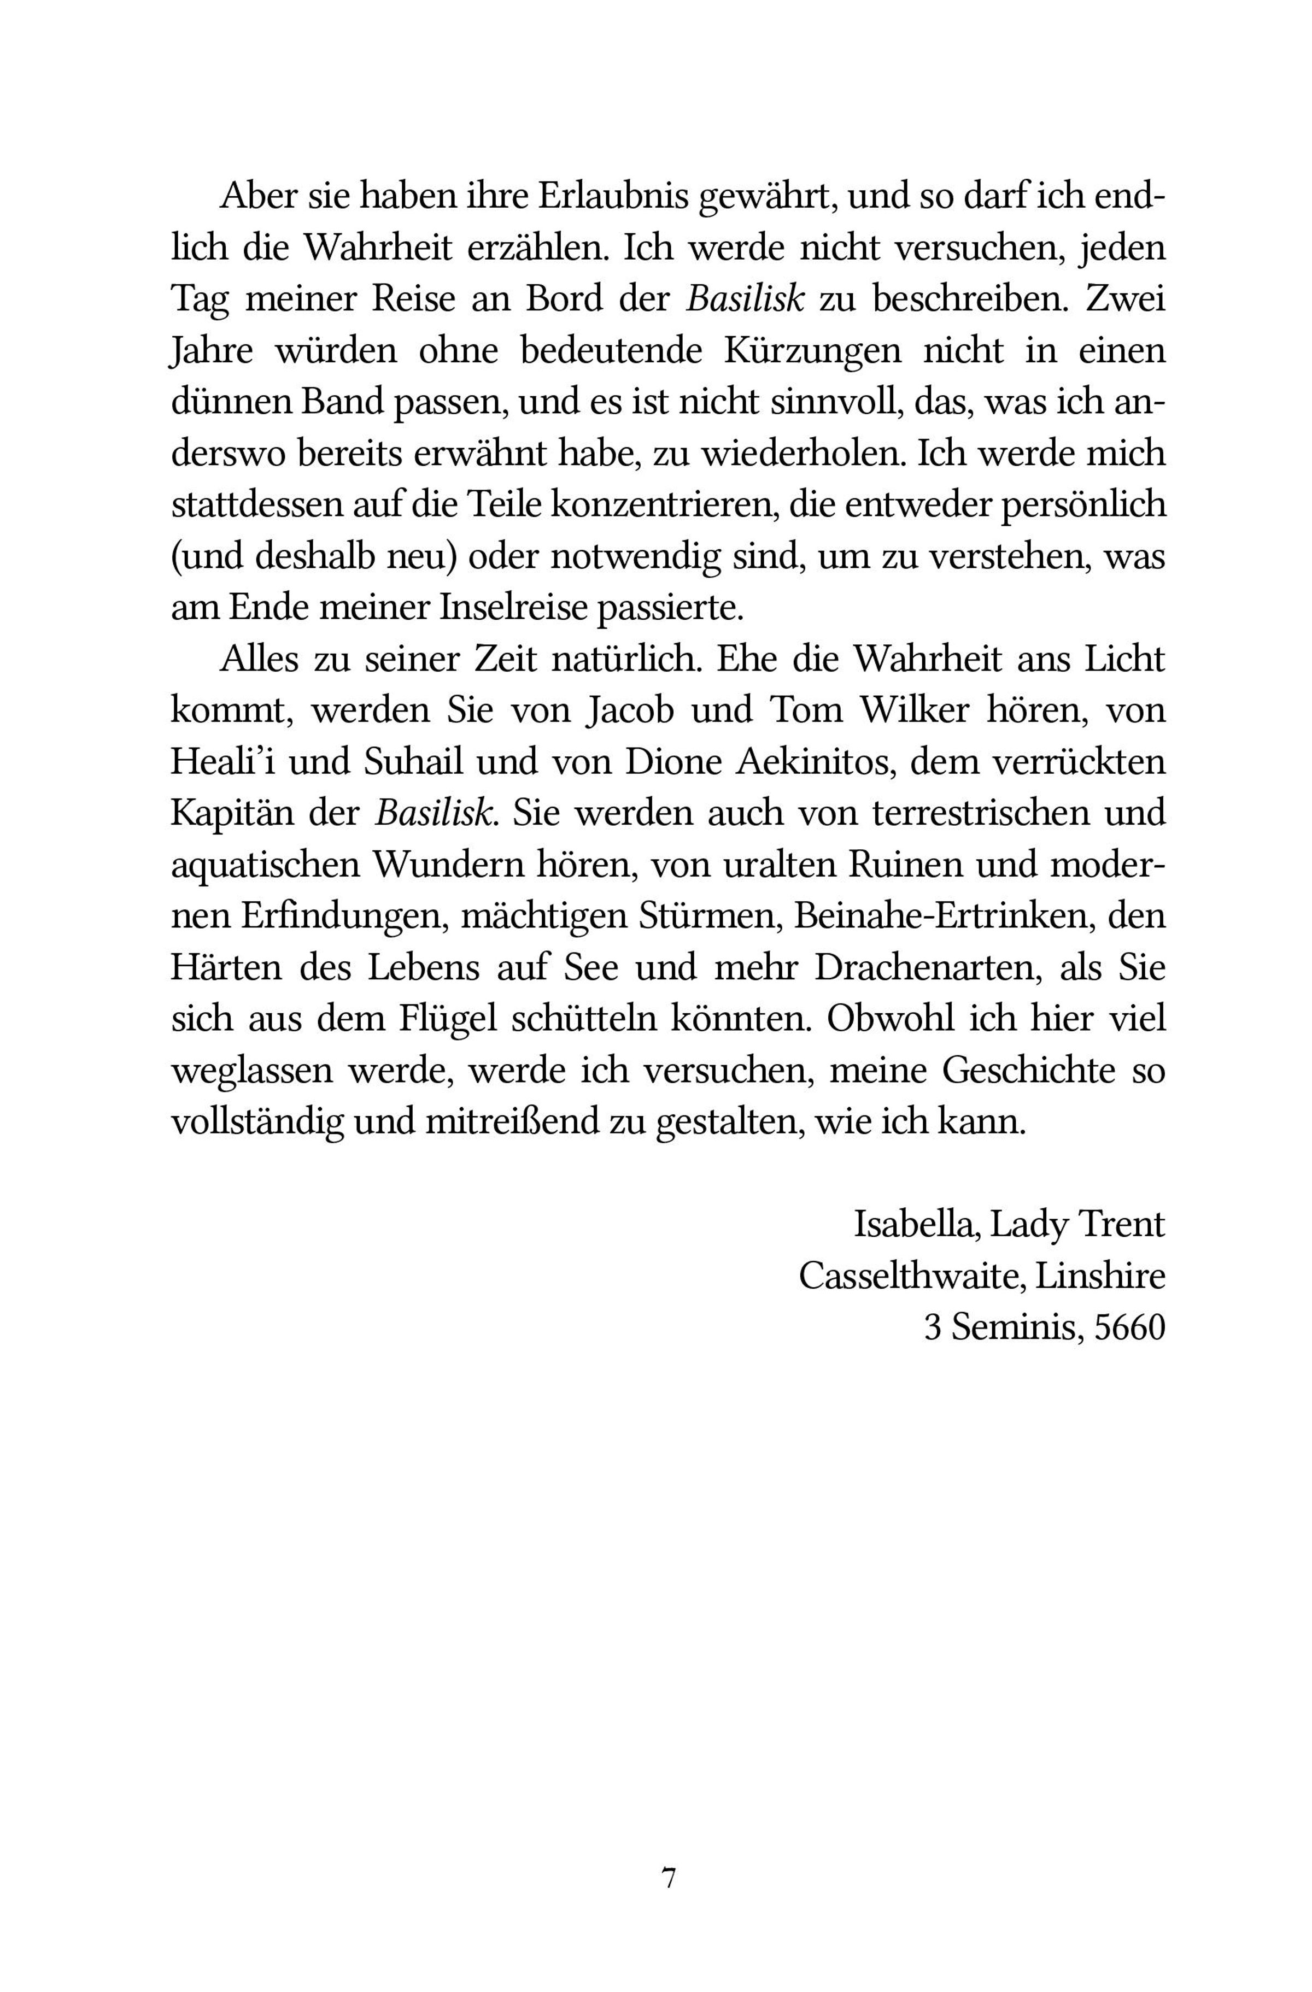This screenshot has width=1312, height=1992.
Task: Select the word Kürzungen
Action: pyautogui.click(x=812, y=351)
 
